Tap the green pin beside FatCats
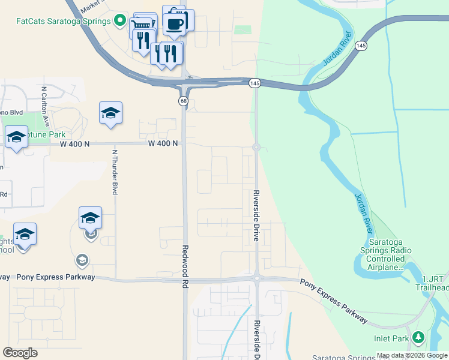pyautogui.click(x=120, y=21)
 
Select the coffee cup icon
pyautogui.click(x=174, y=24)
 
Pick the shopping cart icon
pyautogui.click(x=142, y=25)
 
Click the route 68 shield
pyautogui.click(x=182, y=101)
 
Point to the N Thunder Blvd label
pyautogui.click(x=114, y=172)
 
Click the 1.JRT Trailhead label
pyautogui.click(x=435, y=283)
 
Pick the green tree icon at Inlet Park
pyautogui.click(x=419, y=338)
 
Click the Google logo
pyautogui.click(x=20, y=353)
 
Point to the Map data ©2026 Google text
pyautogui.click(x=412, y=355)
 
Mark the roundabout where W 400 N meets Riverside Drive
pyautogui.click(x=256, y=147)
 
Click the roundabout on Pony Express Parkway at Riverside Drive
pyautogui.click(x=256, y=278)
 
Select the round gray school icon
pyautogui.click(x=82, y=260)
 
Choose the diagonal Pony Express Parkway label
pyautogui.click(x=334, y=302)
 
